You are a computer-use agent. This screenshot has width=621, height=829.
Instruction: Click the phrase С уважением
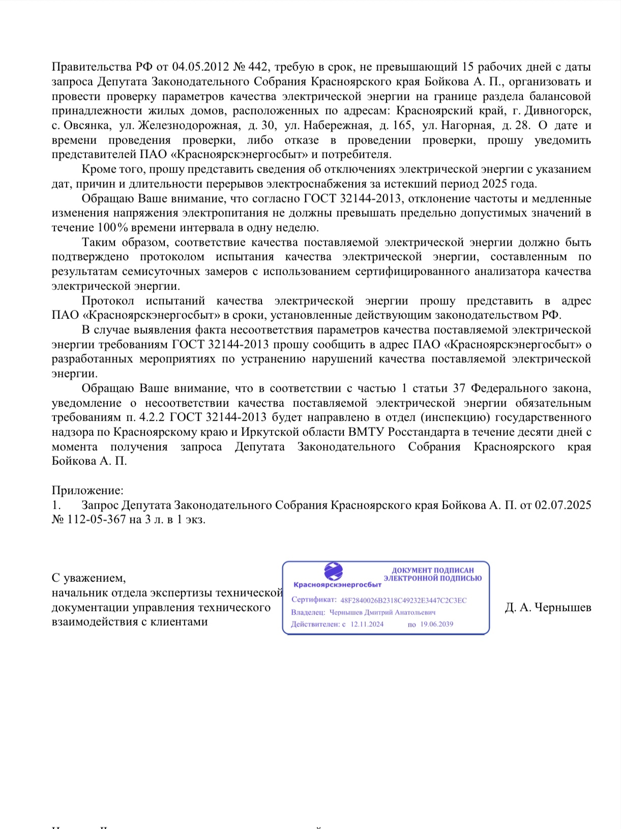tap(88, 578)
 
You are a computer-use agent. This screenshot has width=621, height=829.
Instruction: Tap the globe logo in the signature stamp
tap(334, 572)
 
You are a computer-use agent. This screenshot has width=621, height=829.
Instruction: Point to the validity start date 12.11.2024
tap(367, 624)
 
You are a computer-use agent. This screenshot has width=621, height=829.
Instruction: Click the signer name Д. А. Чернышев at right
tap(548, 607)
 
